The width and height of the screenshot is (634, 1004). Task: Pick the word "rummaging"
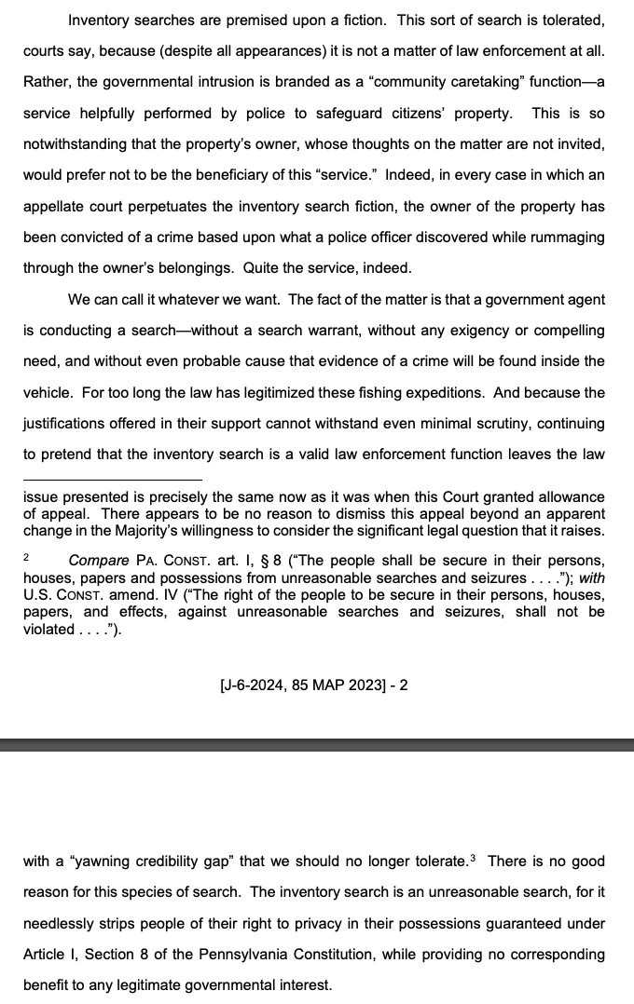click(x=567, y=236)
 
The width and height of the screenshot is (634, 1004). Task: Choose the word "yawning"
click(x=101, y=861)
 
